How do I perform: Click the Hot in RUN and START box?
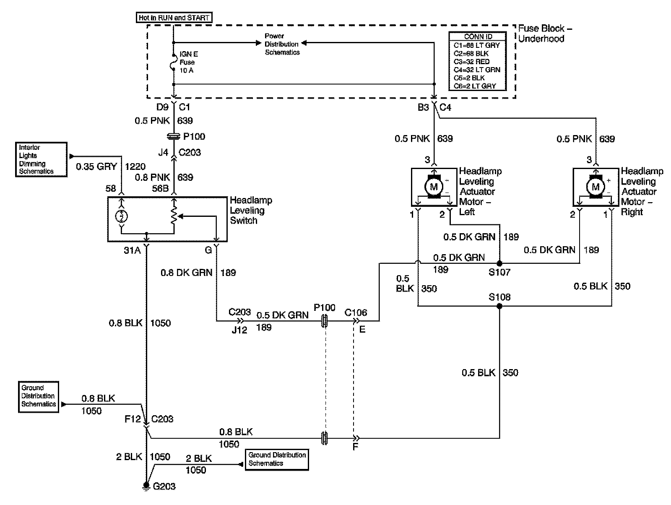(174, 18)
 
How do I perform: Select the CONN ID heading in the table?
(478, 36)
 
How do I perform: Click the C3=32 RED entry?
(471, 62)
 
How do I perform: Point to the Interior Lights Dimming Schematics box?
(41, 159)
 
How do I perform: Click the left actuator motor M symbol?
(434, 187)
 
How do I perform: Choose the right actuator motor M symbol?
(596, 187)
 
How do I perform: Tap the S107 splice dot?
(499, 264)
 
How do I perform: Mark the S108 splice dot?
(499, 307)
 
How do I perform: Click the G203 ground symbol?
(146, 487)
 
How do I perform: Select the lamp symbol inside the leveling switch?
(122, 216)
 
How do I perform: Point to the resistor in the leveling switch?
(174, 216)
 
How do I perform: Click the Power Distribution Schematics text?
(282, 44)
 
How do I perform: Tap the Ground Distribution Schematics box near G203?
(277, 459)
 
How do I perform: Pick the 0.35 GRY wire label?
(96, 167)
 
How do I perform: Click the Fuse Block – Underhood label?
(545, 34)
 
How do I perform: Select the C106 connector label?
(356, 312)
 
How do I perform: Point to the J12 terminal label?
(239, 330)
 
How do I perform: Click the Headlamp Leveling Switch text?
(250, 211)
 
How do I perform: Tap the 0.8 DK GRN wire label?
(186, 273)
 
